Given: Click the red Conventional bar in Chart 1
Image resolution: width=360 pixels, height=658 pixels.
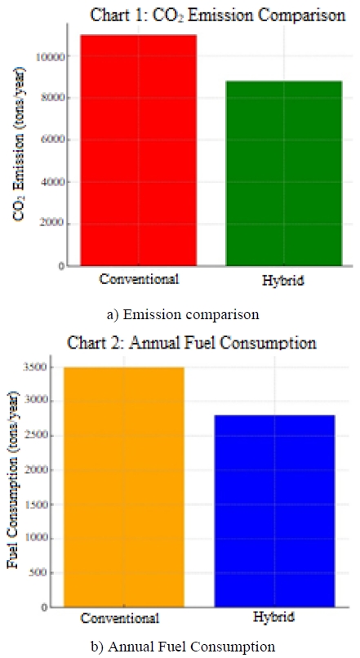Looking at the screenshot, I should (138, 150).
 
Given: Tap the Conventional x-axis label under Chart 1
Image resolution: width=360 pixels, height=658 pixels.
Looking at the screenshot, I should (139, 279).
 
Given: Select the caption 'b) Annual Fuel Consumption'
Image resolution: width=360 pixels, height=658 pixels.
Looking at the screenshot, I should (183, 647).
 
